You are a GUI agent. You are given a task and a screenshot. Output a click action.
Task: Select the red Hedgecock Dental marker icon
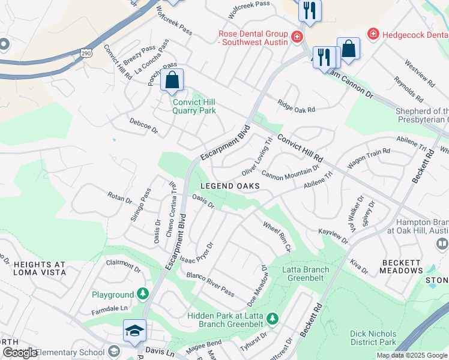click(x=373, y=34)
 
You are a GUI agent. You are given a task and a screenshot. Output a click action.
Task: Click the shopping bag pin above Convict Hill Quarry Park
click(x=172, y=80)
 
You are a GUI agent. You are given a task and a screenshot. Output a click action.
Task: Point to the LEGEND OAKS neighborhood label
click(x=230, y=186)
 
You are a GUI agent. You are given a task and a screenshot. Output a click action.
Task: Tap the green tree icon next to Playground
click(x=143, y=294)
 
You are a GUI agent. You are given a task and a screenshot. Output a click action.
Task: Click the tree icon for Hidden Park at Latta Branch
click(x=272, y=318)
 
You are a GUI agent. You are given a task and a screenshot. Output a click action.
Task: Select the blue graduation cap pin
click(x=135, y=331)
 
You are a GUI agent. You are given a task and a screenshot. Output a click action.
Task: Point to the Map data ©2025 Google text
click(x=411, y=355)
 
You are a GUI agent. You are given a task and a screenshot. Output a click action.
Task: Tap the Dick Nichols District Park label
click(x=373, y=338)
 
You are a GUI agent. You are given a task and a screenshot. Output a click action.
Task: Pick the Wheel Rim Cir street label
click(x=277, y=236)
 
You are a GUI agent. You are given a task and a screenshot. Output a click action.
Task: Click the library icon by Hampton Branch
click(x=442, y=244)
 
